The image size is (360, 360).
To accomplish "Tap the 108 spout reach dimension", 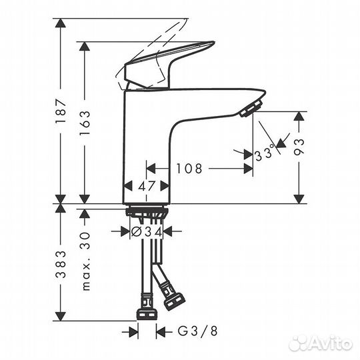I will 189,169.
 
